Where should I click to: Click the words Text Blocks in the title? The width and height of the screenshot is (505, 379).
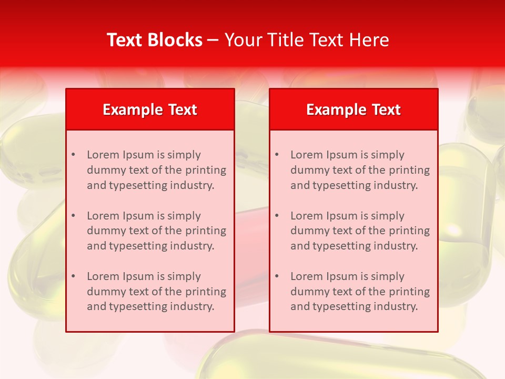click(x=155, y=40)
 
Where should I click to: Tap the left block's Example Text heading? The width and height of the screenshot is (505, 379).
click(x=150, y=109)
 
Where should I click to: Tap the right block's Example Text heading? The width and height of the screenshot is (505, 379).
click(x=353, y=109)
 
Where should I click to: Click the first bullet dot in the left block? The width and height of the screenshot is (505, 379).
click(x=73, y=155)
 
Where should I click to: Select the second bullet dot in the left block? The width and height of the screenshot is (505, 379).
click(x=73, y=216)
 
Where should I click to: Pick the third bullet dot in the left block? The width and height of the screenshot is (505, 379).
click(x=73, y=276)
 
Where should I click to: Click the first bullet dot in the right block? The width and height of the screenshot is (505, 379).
click(x=277, y=155)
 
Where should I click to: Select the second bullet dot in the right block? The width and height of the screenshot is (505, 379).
click(x=277, y=216)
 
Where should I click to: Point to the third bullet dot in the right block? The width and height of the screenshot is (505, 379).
click(x=277, y=276)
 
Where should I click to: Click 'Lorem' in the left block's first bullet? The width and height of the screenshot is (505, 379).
click(x=103, y=155)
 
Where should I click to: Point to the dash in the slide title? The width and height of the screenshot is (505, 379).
click(x=213, y=40)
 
